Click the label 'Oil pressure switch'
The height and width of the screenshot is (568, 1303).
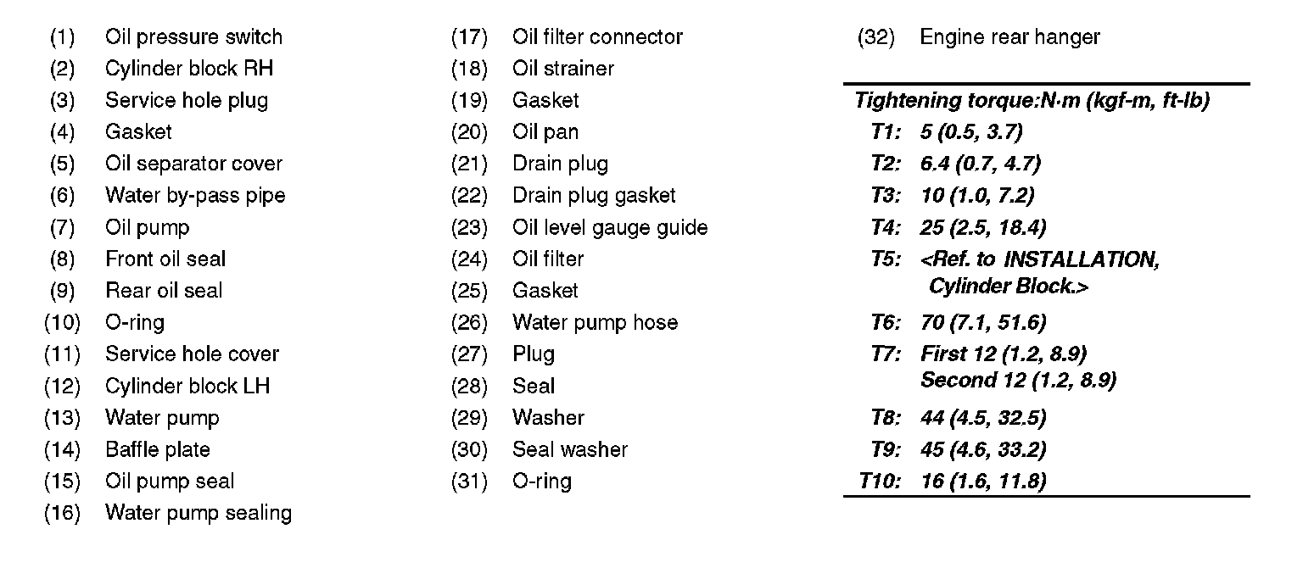[193, 37]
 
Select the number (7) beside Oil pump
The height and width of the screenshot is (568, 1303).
[62, 227]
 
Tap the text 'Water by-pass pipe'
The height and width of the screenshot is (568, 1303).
[195, 196]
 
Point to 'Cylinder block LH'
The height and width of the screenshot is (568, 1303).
[187, 386]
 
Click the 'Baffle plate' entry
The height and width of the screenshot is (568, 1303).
[157, 449]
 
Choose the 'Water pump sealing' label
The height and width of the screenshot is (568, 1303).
[198, 513]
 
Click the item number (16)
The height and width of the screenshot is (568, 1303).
[62, 513]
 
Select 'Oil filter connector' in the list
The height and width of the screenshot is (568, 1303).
[597, 37]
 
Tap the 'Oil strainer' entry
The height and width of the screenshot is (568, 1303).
[562, 69]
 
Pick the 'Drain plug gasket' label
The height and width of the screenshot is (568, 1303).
[594, 196]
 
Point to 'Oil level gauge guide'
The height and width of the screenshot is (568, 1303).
[609, 227]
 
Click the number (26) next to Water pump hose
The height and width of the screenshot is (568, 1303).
[469, 322]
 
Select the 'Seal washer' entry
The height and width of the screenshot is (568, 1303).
[569, 449]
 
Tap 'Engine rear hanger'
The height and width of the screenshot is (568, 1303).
[1009, 37]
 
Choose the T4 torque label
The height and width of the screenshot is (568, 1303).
[886, 227]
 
